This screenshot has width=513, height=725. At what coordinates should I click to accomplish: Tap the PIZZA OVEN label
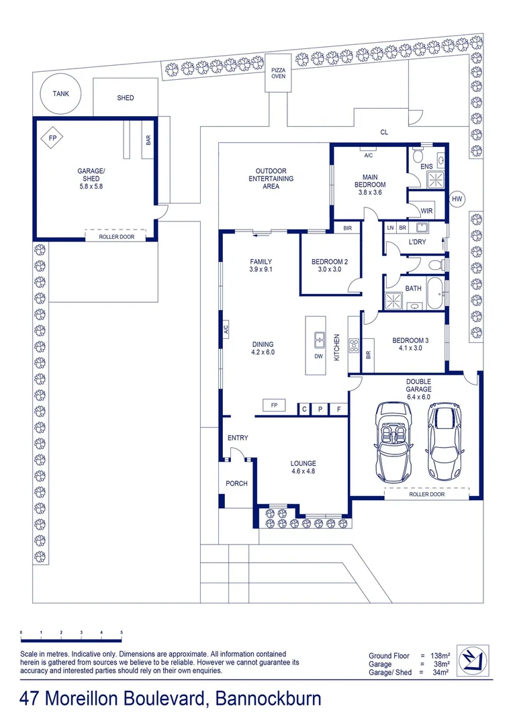click(x=279, y=73)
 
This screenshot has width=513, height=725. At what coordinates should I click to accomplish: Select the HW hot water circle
click(x=457, y=199)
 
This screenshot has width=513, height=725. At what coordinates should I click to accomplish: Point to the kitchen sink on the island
click(x=319, y=340)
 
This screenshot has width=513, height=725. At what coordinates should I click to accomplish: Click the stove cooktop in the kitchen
click(x=355, y=346)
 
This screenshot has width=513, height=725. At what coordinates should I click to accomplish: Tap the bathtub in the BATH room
click(x=435, y=293)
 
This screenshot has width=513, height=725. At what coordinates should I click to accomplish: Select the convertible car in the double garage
click(x=393, y=442)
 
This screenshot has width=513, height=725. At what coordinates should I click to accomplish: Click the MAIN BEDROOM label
click(x=370, y=181)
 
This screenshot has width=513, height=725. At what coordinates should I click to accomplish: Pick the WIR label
click(x=426, y=211)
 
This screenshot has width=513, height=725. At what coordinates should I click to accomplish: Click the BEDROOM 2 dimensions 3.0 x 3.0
click(x=330, y=269)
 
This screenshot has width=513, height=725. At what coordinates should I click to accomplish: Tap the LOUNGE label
click(x=304, y=463)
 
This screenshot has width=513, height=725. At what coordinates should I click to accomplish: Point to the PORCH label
click(x=236, y=483)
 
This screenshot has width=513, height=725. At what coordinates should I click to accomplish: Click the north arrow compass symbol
click(x=473, y=661)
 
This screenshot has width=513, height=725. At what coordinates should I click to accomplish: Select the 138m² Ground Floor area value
click(x=440, y=656)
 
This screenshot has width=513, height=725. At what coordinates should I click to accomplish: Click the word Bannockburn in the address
click(x=269, y=699)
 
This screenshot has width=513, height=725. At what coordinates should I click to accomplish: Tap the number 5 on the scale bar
click(x=122, y=632)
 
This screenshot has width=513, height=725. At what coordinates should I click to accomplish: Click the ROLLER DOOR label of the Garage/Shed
click(x=117, y=237)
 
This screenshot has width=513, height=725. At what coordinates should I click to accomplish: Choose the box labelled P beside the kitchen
click(x=320, y=409)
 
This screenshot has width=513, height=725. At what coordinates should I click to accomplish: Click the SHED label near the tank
click(x=126, y=97)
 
